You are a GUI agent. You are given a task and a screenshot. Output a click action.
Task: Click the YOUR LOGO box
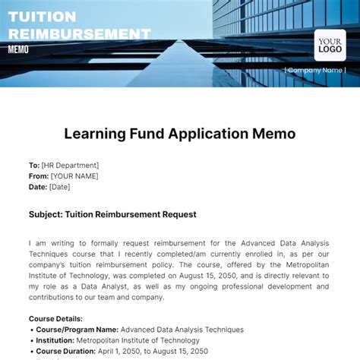point(330,45)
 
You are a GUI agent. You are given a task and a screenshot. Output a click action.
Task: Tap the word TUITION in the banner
point(42,16)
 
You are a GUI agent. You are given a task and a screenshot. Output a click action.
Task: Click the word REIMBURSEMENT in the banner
point(78,33)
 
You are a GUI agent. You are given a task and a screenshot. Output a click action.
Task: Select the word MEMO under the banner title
point(18,49)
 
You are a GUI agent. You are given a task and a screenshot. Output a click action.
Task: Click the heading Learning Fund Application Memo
point(179,134)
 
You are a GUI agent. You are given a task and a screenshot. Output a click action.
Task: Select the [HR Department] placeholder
point(70,166)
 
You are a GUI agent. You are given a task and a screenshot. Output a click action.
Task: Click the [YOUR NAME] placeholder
point(76,176)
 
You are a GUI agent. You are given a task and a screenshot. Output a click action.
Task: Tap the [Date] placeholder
point(60,187)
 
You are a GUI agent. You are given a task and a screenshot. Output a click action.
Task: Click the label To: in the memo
point(34,166)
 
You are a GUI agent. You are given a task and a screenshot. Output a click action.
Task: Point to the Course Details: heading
point(56,319)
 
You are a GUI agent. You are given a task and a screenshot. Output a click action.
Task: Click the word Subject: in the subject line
point(45,214)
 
